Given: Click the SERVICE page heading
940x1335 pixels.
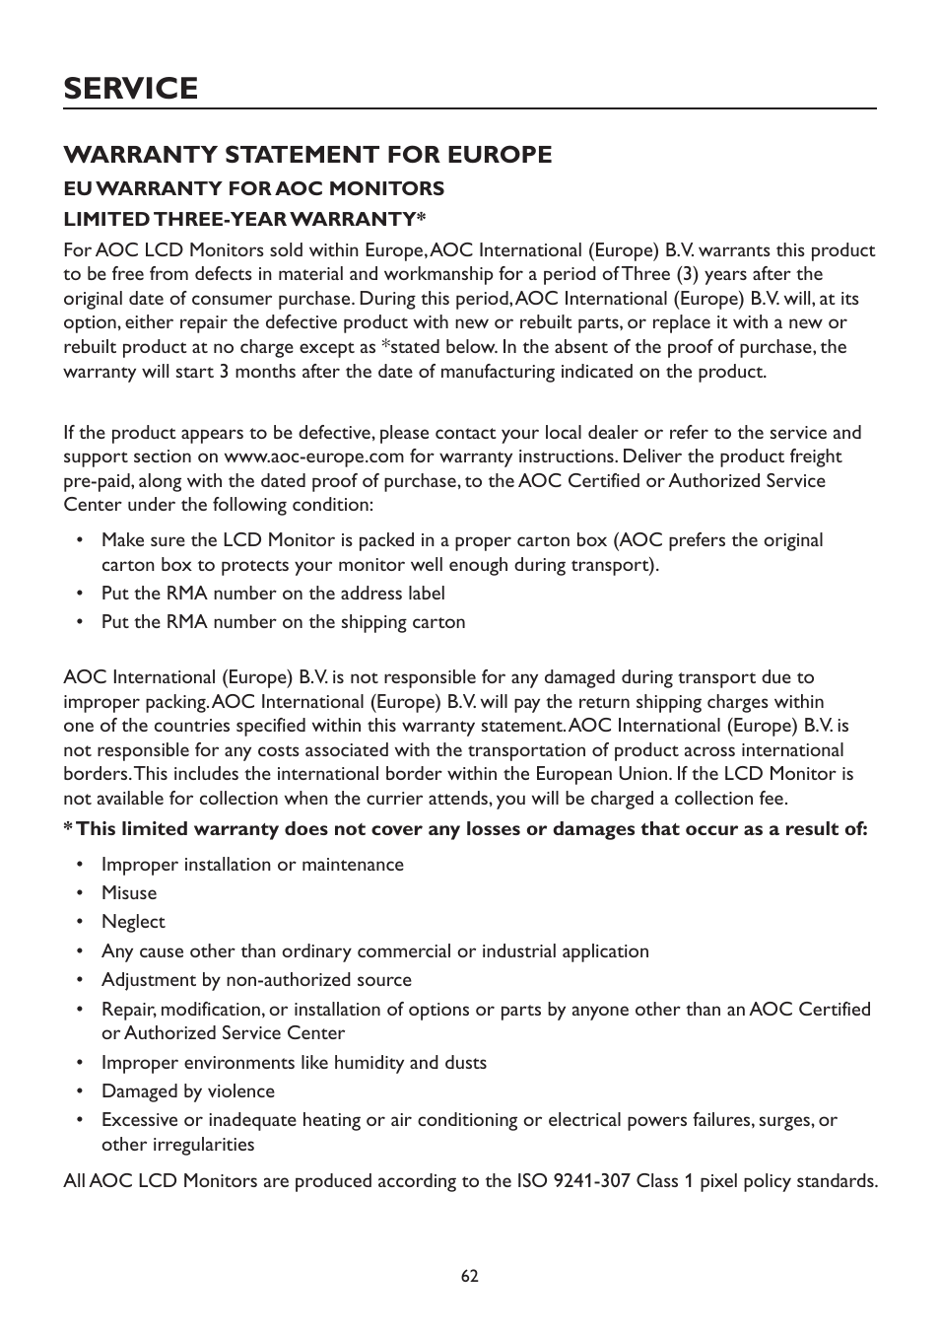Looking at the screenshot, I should [130, 88].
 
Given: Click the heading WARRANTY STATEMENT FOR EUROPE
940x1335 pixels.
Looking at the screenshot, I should [307, 155].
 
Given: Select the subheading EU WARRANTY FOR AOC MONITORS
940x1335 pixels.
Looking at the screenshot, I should [253, 188].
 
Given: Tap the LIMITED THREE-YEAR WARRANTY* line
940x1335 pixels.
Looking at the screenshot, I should [244, 218].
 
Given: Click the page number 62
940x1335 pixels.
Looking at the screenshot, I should [469, 1275].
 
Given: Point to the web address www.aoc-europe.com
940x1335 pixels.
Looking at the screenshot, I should [313, 457].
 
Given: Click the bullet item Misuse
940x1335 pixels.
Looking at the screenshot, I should [129, 893].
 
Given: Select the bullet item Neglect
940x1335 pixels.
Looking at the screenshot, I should [133, 922].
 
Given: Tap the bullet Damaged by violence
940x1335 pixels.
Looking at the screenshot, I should [188, 1091].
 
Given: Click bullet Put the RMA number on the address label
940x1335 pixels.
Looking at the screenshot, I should [273, 594].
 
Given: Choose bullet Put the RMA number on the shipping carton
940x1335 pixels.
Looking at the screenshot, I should [283, 622].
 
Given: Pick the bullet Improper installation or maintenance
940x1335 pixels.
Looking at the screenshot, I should [252, 865].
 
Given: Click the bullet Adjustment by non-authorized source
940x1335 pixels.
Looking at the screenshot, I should [256, 980].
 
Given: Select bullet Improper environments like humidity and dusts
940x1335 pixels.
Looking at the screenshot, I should [294, 1063].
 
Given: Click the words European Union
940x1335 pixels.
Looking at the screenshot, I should [603, 774].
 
